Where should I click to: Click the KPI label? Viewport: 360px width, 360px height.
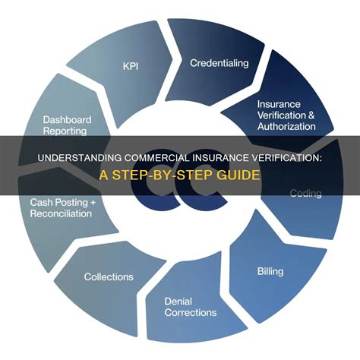131,66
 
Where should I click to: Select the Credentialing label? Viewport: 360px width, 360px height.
219,63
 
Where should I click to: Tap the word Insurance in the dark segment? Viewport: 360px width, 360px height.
279,104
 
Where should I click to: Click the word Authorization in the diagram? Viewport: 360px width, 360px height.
286,126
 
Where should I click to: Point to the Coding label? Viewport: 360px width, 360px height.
305,194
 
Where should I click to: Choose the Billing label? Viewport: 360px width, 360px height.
270,271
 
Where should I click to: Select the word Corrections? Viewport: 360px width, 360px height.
191,312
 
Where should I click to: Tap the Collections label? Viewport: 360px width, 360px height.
109,276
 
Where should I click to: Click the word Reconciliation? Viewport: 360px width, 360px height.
61,213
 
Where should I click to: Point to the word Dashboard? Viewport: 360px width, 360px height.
67,119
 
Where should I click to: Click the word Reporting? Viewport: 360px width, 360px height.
65,131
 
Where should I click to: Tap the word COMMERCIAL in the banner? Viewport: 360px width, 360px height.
156,158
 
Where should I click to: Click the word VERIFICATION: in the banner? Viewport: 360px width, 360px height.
286,158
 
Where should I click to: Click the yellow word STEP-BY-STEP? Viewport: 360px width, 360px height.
163,175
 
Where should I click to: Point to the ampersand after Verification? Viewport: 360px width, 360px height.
311,115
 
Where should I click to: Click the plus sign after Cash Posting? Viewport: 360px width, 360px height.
93,202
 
